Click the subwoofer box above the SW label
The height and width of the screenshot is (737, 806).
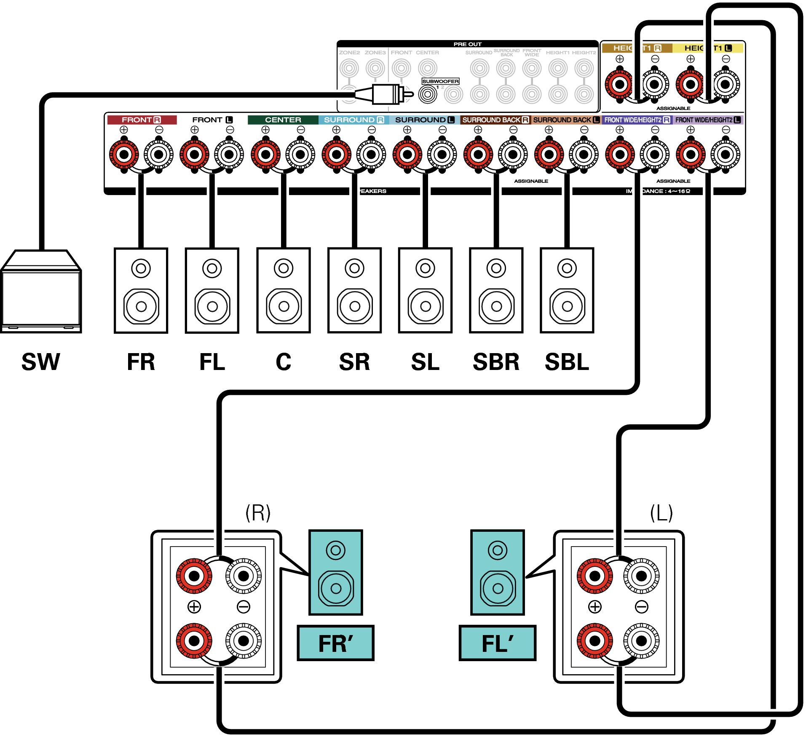click(x=41, y=295)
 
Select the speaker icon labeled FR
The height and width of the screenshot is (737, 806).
click(x=141, y=290)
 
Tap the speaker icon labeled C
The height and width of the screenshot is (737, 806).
click(x=283, y=290)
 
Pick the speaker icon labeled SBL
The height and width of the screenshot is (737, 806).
click(x=567, y=290)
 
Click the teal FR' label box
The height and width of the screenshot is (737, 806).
click(x=335, y=643)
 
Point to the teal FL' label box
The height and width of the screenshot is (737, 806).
click(x=497, y=643)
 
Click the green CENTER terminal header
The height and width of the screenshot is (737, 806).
click(x=283, y=120)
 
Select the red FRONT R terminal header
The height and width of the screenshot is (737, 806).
click(x=142, y=120)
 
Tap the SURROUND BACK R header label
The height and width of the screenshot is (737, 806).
click(x=495, y=120)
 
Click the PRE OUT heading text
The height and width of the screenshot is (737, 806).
click(x=467, y=44)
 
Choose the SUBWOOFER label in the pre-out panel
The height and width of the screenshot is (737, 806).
click(x=440, y=81)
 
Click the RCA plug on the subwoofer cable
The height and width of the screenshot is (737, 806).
click(x=386, y=94)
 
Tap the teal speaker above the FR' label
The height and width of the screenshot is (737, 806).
click(x=335, y=572)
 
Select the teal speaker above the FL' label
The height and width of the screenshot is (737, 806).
click(x=497, y=572)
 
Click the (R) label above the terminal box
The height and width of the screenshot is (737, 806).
click(x=258, y=513)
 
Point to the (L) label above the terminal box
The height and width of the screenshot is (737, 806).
click(x=661, y=513)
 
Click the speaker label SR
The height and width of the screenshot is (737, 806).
click(x=354, y=362)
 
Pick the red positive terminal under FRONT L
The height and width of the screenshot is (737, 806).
click(x=194, y=155)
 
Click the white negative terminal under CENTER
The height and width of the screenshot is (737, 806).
click(x=300, y=155)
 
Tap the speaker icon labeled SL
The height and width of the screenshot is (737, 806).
click(x=425, y=290)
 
